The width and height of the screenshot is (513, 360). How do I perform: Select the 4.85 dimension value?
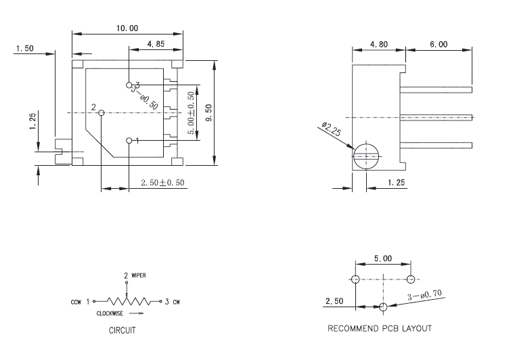156,45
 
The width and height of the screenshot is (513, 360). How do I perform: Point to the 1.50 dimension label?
24,48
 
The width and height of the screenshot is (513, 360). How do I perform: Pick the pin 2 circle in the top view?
101,112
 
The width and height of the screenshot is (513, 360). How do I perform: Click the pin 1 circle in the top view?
129,140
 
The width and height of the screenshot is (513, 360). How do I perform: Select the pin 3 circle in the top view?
129,85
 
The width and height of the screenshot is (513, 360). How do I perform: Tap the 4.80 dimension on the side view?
378,45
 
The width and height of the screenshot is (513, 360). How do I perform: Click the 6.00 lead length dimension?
438,45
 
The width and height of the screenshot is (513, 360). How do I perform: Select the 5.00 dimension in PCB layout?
383,258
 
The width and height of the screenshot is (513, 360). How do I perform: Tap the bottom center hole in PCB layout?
383,307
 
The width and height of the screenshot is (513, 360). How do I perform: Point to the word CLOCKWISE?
110,314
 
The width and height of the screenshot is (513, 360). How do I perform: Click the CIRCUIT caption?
123,332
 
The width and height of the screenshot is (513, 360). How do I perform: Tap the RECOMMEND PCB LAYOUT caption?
380,329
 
